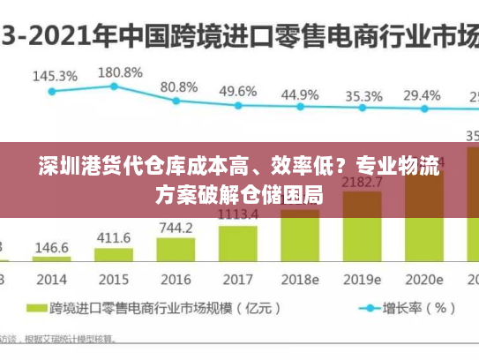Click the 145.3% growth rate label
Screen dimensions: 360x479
[x=54, y=76]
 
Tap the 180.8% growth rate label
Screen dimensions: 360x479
[x=119, y=71]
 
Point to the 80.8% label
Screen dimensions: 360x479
[x=178, y=87]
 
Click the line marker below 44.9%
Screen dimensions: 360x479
[x=300, y=107]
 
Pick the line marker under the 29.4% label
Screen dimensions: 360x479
[x=423, y=109]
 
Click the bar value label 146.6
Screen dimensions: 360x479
[x=52, y=247]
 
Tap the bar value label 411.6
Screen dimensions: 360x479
[x=114, y=238]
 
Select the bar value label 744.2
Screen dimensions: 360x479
[x=176, y=228]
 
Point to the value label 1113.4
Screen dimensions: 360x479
[x=237, y=214]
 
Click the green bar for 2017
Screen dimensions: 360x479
[x=237, y=244]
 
